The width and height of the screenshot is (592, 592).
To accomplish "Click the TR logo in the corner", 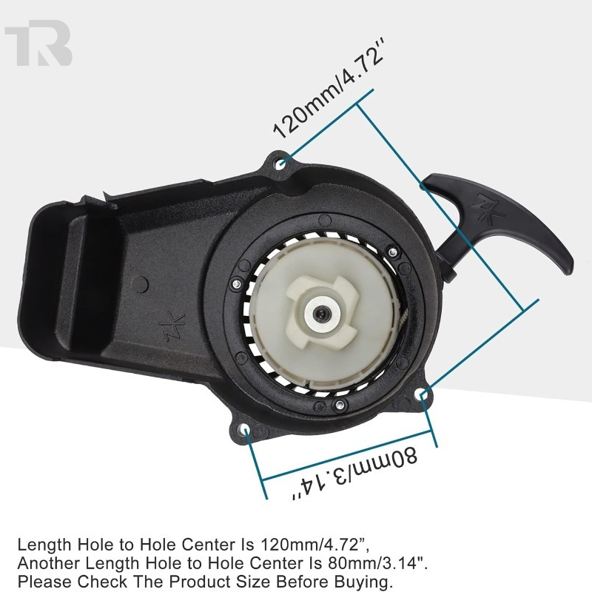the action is pos(38,43).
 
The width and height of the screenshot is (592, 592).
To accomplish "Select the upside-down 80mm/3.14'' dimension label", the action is pos(355,474).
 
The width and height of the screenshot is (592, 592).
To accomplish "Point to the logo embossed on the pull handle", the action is pos(491,209).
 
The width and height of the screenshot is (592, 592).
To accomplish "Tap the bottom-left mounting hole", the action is pos(246,430).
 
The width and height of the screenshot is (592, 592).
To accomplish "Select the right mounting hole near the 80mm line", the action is pos(423,395).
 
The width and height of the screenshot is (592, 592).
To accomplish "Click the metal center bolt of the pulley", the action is pos(322,313).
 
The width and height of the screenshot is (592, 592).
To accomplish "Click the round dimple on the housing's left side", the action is pos(141,284).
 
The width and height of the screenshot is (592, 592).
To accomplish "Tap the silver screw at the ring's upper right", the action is pos(393,250).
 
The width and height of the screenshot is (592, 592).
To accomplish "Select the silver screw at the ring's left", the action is pos(237,283).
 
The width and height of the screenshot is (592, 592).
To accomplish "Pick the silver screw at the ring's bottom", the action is pos(340,405).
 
